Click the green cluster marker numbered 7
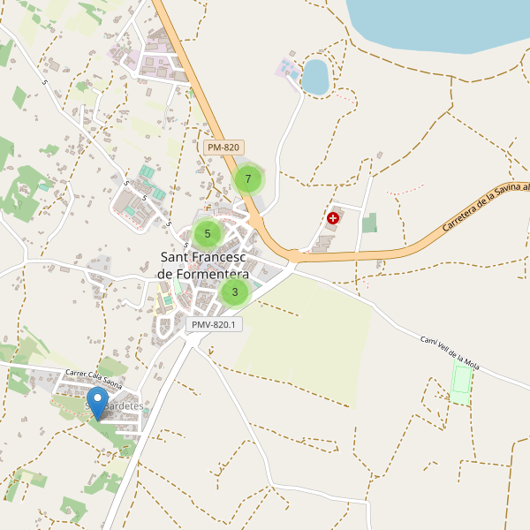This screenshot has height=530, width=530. click(x=248, y=179)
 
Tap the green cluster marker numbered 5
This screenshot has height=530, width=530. click(x=208, y=233)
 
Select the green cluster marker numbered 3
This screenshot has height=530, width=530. click(x=234, y=291)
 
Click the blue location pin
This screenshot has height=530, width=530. click(x=98, y=403)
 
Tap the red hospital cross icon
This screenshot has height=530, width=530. click(x=333, y=217)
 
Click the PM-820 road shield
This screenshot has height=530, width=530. click(x=223, y=148)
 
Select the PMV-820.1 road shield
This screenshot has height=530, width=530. click(x=215, y=324)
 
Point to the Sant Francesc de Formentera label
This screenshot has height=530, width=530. click(x=204, y=266)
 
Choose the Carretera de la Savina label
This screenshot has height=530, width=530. click(x=485, y=206)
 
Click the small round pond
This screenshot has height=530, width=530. click(x=315, y=76)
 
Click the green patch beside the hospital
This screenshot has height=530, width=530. click(x=369, y=223)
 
